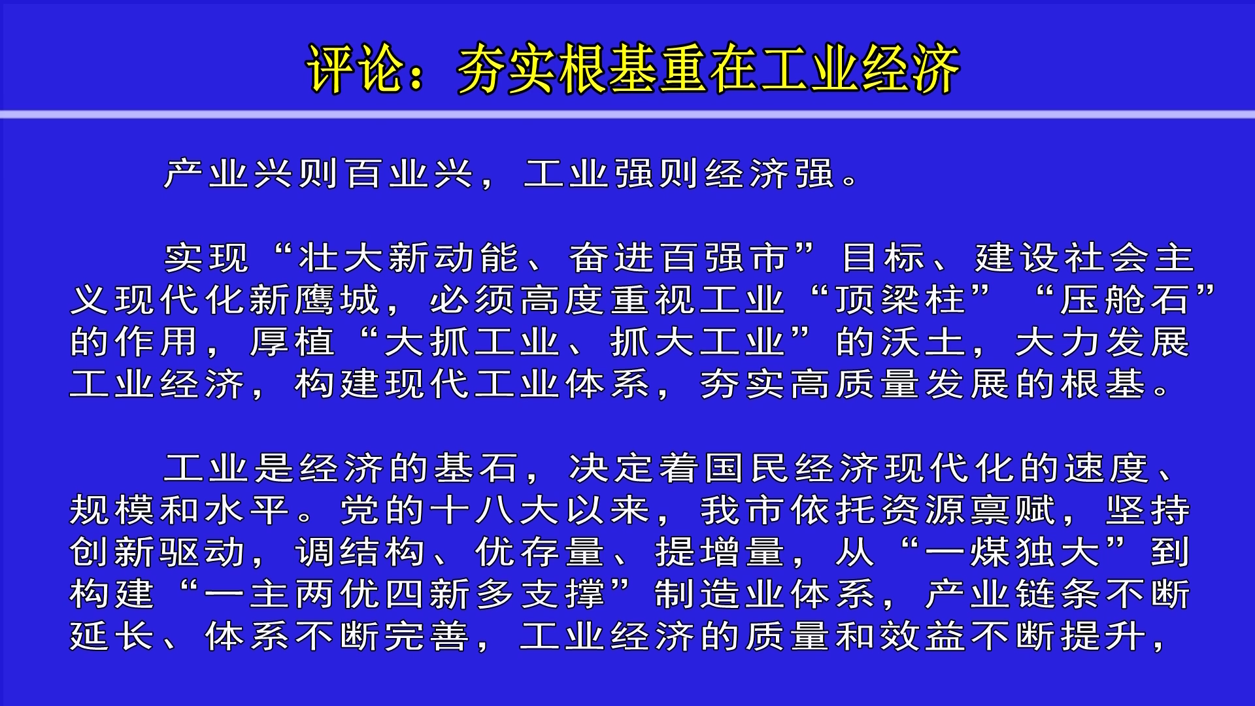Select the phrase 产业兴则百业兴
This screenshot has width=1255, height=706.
318,174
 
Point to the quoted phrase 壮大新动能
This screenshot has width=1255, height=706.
408,258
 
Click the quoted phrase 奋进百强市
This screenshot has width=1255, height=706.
679,258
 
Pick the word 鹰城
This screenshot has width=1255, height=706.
336,300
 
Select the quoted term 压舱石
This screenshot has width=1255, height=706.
1125,300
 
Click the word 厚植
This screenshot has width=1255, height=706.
292,342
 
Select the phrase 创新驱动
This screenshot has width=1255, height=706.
157,552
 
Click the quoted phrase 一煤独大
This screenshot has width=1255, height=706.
1012,552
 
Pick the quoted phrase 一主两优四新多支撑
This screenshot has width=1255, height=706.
405,594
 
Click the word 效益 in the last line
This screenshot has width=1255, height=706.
922,637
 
